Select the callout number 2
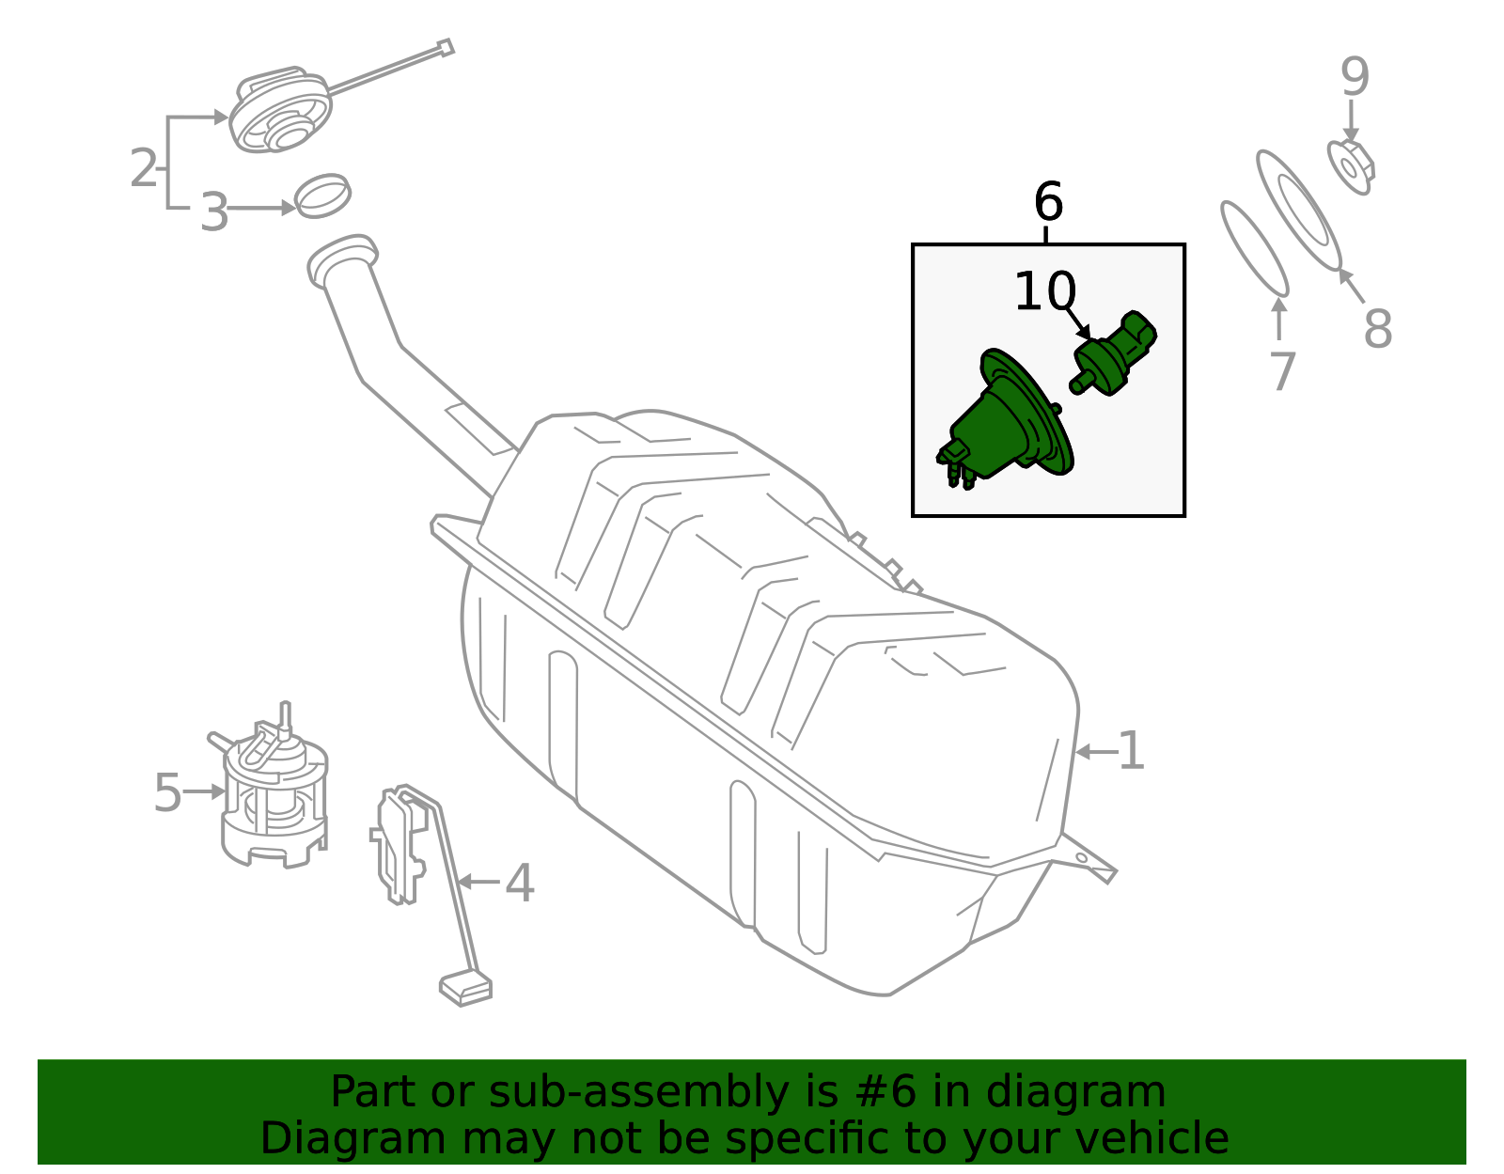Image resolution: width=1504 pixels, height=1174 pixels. point(144,168)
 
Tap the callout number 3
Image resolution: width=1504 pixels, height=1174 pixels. point(214,212)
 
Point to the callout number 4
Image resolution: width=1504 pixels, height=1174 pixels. point(520,884)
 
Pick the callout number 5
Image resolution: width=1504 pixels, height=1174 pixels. point(167,792)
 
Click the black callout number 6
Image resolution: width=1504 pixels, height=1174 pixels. point(1048,201)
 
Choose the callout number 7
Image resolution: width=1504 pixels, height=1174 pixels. point(1282,371)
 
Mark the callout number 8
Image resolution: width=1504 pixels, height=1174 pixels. point(1377,329)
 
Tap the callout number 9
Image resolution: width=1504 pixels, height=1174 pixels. point(1355,76)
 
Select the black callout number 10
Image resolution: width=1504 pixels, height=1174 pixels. point(1045,291)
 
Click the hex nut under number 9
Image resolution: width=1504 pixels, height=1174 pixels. point(1351,167)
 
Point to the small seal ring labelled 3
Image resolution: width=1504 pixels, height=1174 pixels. point(322,196)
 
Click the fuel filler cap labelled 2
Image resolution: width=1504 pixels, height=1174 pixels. point(280,109)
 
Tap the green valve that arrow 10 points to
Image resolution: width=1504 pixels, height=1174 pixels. point(1113,353)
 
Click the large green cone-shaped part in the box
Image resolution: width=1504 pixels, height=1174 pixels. point(1004,420)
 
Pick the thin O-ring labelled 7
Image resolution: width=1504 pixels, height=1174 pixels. point(1254,249)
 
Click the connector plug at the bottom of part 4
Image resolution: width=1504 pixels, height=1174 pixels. point(465,990)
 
